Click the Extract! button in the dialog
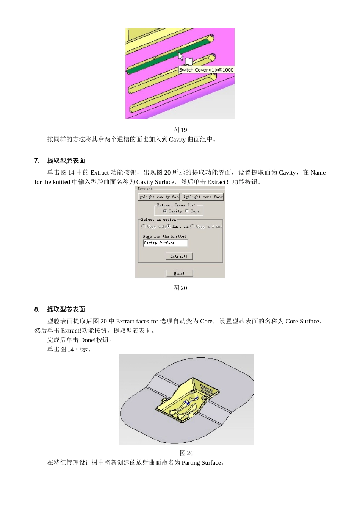coord(179,256)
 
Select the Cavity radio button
coord(165,211)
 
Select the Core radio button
coord(187,211)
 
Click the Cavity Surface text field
coord(165,243)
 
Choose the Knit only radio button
coord(169,226)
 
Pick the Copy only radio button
coord(143,226)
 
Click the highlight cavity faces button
coord(159,197)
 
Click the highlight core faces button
coord(203,197)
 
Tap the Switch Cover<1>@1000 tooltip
coord(206,70)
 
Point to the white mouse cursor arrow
coord(181,56)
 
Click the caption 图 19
coord(180,130)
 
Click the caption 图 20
coord(180,288)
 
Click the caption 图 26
coord(186,453)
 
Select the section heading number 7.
coord(37,161)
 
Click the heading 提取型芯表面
coord(66,309)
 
